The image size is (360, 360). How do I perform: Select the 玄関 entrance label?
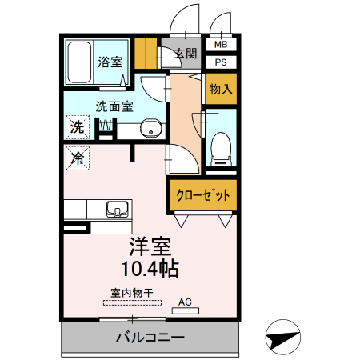point(185,54)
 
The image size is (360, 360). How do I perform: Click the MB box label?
point(221,46)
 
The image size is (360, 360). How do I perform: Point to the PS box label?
point(221,62)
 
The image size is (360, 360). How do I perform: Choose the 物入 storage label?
point(221,88)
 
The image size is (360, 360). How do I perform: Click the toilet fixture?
point(220,147)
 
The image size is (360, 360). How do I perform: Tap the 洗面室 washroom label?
point(114,105)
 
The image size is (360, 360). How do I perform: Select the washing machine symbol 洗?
point(77,127)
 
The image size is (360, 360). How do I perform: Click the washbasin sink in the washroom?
point(148,130)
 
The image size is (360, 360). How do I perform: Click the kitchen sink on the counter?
point(118,210)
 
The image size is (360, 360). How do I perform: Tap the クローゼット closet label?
point(203,194)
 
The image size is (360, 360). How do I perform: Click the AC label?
point(185,302)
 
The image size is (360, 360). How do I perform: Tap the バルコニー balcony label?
point(150,337)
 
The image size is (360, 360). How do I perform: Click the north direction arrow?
point(285,338)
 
